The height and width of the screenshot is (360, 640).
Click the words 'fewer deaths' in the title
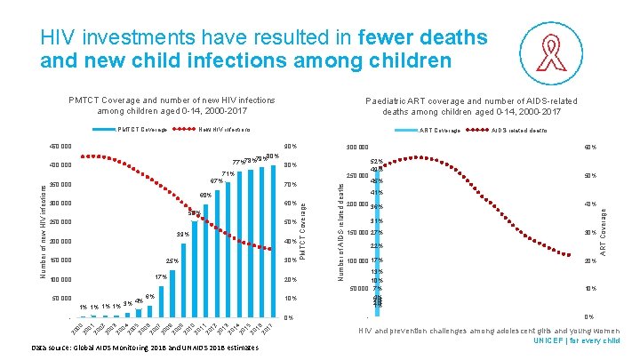pos(425,38)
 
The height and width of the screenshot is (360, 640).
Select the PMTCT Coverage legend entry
pos(142,130)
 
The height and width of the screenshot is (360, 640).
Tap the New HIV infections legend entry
pos(223,130)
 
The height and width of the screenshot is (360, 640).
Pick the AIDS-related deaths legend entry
pos(520,130)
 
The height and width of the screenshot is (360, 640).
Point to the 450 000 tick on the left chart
pos(60,147)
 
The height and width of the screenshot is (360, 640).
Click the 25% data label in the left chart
pos(172,261)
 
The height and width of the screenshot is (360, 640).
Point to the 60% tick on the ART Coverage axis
pos(589,148)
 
